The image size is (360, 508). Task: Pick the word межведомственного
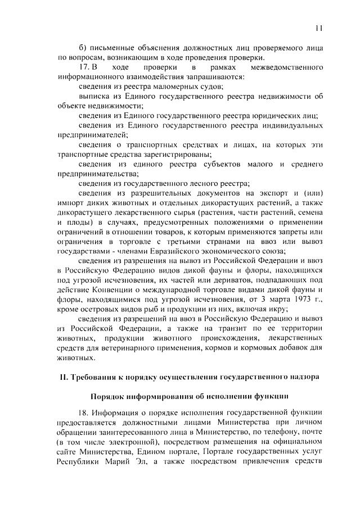pyautogui.click(x=285, y=67)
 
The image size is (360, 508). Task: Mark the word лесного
pyautogui.click(x=205, y=182)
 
